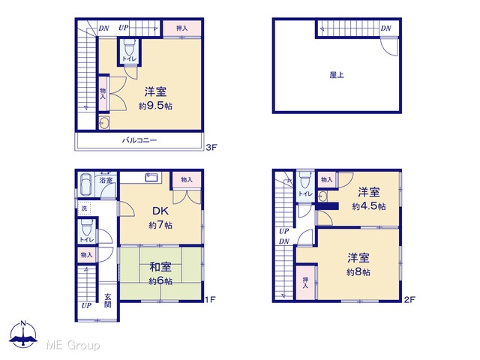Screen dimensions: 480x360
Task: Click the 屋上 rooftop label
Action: coord(337,75)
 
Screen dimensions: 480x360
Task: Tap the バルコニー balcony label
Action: coord(139,140)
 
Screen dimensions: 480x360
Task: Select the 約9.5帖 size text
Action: coord(155,106)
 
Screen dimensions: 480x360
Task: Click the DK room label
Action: coord(160,211)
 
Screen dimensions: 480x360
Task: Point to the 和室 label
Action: coord(160,267)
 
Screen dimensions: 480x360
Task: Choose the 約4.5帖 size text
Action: coord(368,206)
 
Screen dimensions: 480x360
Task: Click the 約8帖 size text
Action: coord(358,271)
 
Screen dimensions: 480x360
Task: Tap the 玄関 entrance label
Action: coord(108,300)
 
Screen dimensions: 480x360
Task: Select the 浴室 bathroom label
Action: coord(106,180)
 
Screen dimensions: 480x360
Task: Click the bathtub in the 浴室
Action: coord(85,184)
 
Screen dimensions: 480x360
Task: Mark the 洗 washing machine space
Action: coord(84,208)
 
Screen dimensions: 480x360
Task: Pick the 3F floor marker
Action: coord(211,148)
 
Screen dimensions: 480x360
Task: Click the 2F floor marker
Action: coord(409,299)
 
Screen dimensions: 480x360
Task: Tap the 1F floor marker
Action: coord(210,299)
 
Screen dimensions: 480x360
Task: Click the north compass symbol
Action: coord(23,334)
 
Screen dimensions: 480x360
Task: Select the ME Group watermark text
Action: coord(73,345)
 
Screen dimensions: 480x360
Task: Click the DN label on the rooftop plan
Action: coord(386,28)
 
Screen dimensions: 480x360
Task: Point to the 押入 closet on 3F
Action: coord(181,28)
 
